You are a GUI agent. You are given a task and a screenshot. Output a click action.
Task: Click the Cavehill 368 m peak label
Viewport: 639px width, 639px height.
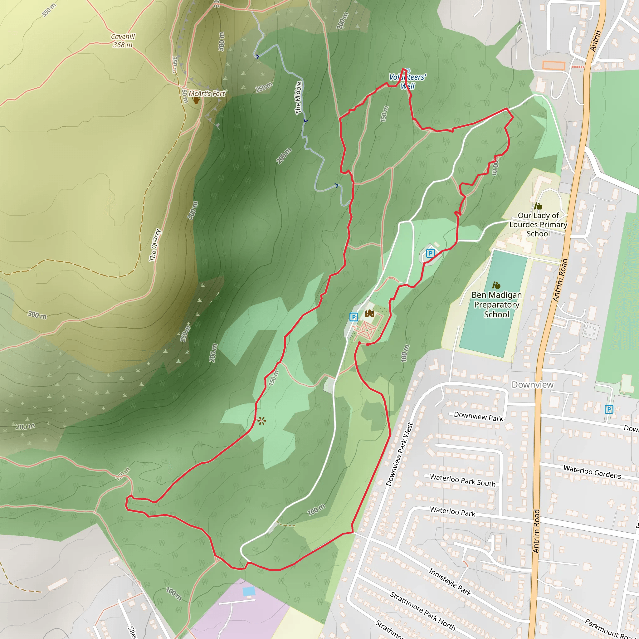click(123, 41)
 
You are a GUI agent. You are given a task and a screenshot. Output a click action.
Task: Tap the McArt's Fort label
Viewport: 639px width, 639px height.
click(207, 94)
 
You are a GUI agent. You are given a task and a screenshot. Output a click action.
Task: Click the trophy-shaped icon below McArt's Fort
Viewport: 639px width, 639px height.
click(197, 100)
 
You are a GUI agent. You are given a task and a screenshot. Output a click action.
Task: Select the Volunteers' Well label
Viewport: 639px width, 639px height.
click(407, 81)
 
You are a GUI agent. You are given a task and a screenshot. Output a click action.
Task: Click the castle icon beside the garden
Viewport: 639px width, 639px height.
click(369, 313)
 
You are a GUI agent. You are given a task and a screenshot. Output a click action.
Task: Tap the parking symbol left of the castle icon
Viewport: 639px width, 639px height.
click(354, 317)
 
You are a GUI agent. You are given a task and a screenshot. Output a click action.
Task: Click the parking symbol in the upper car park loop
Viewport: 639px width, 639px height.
click(430, 253)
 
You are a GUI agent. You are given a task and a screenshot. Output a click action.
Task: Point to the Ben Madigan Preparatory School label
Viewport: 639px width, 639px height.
click(496, 304)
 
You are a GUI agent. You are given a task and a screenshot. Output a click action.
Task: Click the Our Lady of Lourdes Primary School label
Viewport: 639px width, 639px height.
click(538, 224)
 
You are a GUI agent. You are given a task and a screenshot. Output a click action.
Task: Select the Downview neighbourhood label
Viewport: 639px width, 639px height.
click(533, 384)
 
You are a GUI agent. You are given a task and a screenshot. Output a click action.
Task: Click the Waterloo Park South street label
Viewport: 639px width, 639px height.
click(462, 480)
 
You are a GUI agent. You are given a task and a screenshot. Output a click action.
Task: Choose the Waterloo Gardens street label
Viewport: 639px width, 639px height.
click(592, 472)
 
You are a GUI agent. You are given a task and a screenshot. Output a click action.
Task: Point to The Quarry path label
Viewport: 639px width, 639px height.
click(155, 245)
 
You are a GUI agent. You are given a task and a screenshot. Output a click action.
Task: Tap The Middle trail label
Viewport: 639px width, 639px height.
click(298, 98)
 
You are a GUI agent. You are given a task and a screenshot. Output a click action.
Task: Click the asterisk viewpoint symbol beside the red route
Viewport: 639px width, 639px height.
click(261, 421)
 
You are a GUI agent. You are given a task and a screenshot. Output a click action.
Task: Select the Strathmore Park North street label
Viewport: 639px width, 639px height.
click(422, 611)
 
